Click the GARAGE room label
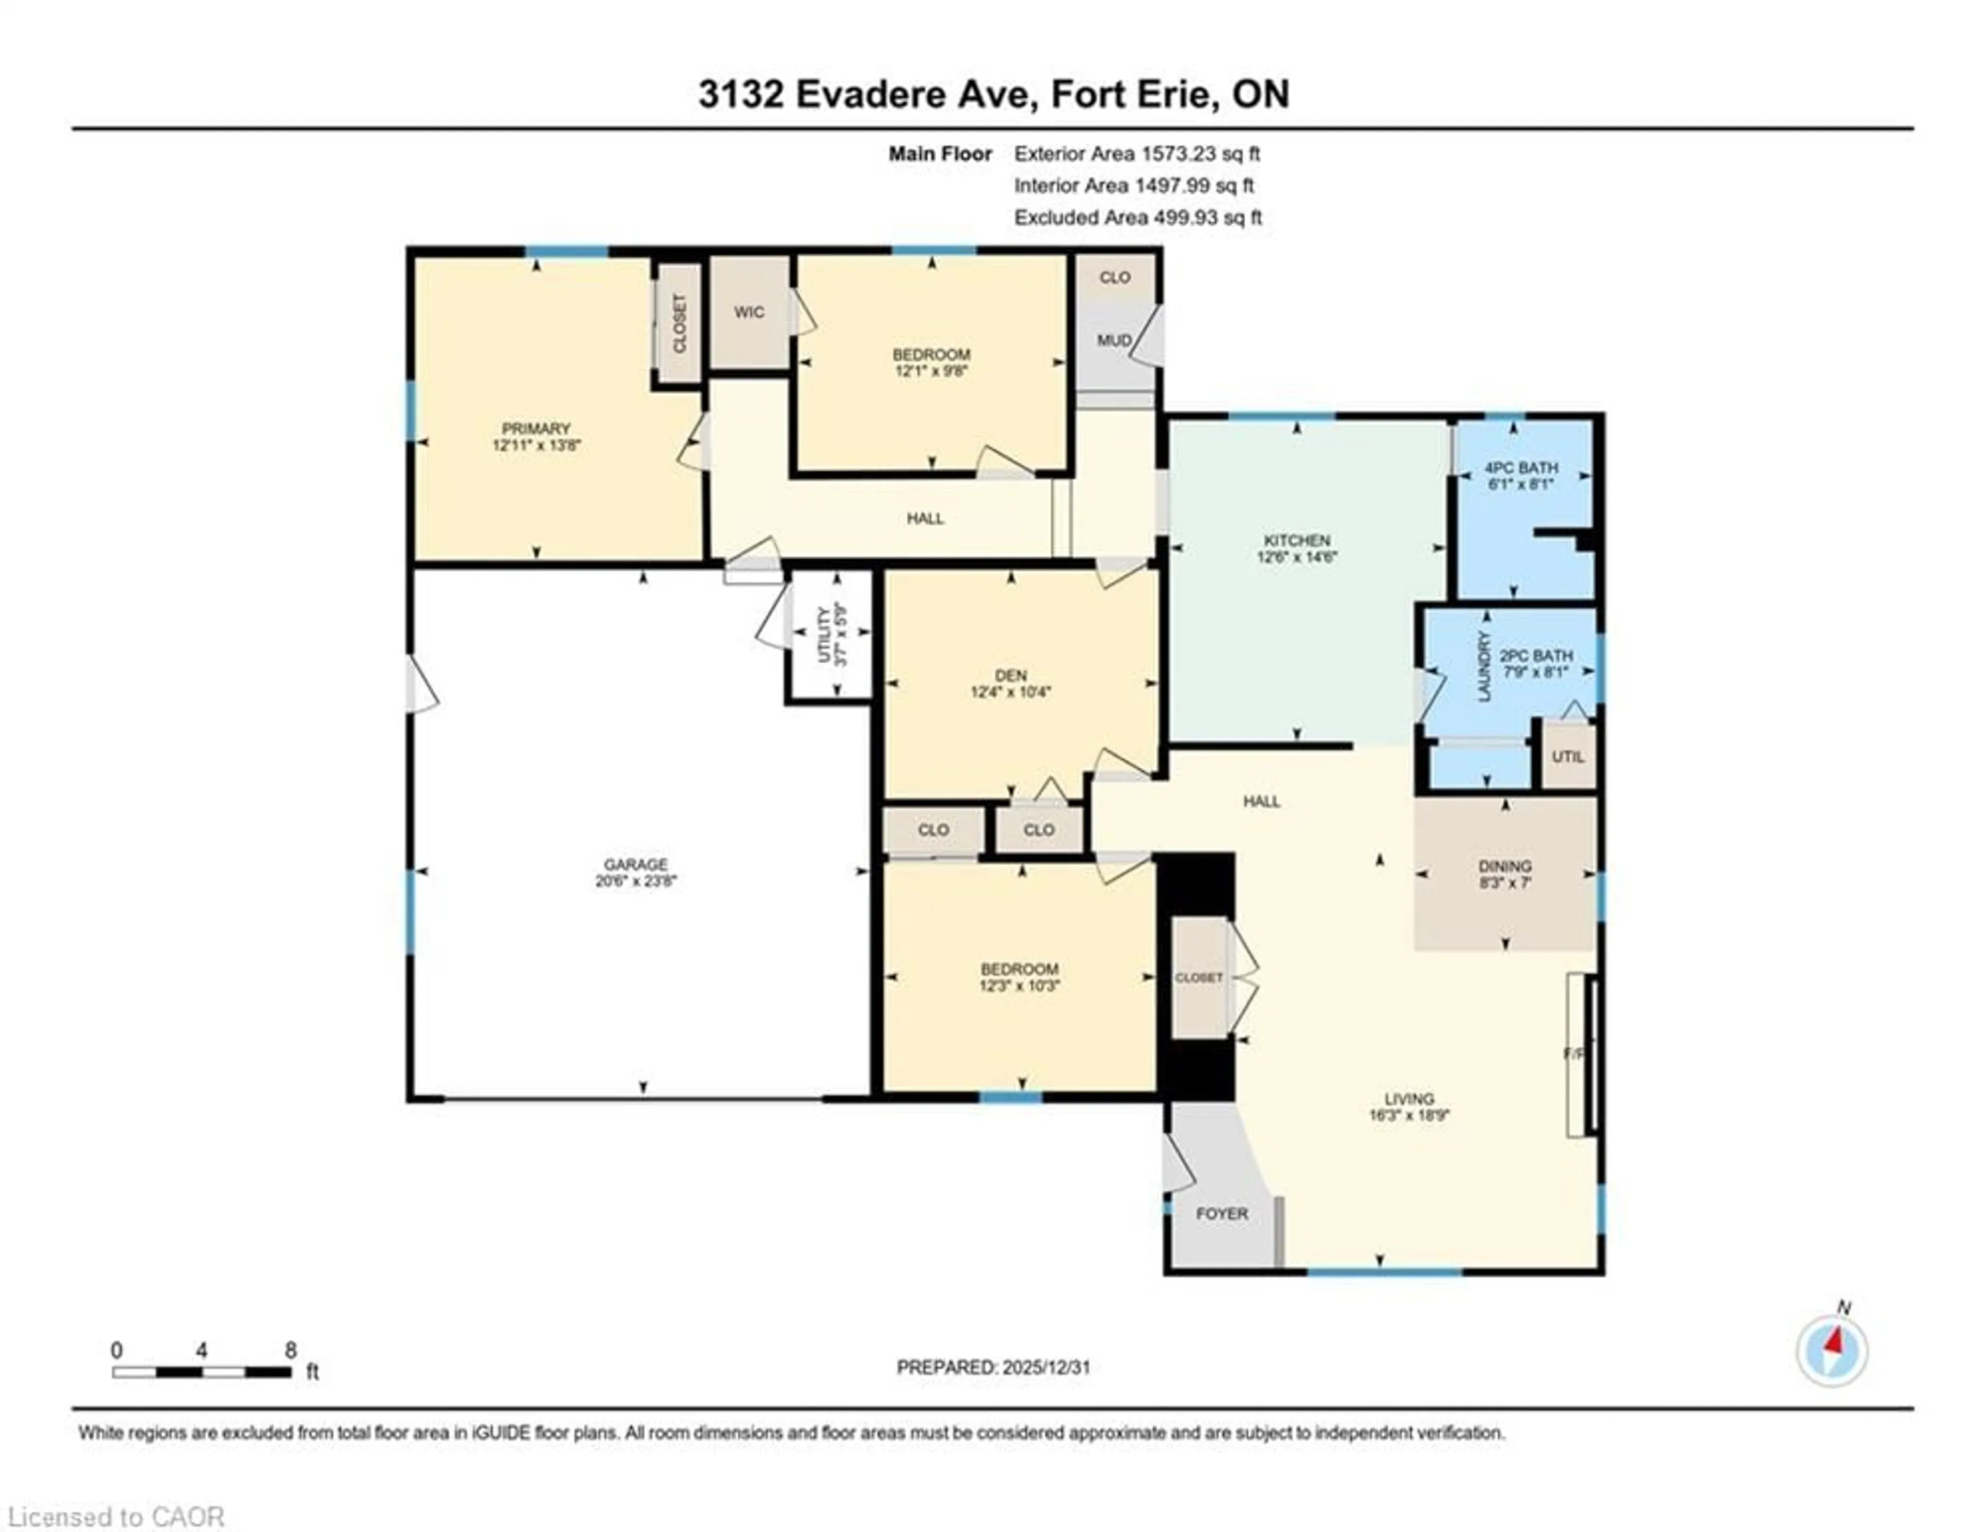(636, 864)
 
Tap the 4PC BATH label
(1521, 468)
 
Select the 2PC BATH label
(1536, 656)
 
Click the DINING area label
(1505, 866)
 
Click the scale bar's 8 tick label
(291, 1350)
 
